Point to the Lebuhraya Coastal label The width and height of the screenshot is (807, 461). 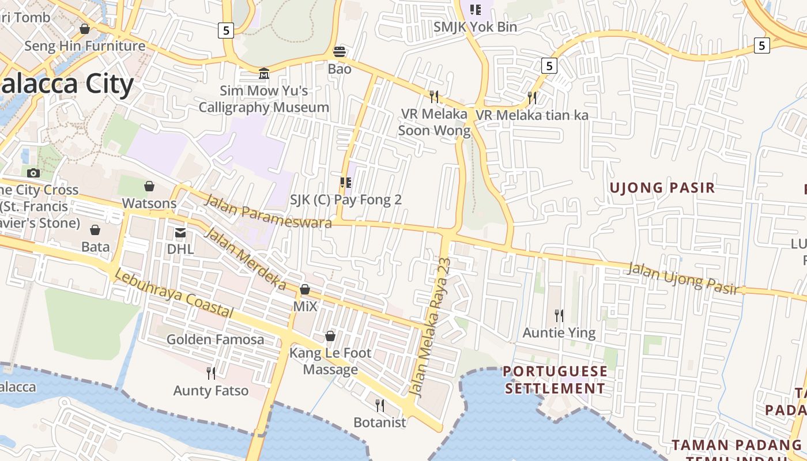(174, 294)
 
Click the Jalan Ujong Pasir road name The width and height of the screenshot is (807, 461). (683, 278)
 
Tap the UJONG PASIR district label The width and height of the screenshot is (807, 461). (662, 188)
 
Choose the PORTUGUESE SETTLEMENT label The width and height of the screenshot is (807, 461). (555, 380)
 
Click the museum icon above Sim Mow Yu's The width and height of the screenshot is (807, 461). (264, 73)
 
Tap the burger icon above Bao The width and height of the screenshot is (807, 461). (340, 52)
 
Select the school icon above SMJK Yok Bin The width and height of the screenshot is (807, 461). (475, 9)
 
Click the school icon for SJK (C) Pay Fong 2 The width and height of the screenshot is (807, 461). (346, 183)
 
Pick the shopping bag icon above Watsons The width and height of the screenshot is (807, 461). (149, 186)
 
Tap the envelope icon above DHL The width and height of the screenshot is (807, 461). (180, 232)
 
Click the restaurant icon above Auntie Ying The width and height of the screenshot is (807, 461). (559, 315)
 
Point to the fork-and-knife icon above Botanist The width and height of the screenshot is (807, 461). (379, 406)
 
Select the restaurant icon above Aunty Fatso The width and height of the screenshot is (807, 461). (211, 373)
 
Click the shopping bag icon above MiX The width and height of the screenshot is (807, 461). (305, 289)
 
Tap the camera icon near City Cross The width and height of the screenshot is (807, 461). (33, 173)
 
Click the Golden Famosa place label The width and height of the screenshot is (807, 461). (215, 339)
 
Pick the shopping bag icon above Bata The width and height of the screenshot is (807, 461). (95, 230)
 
